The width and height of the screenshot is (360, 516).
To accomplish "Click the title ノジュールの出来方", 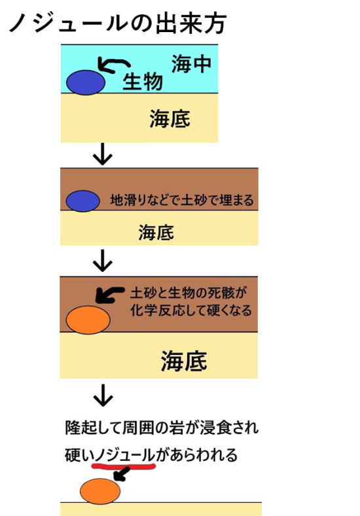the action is pos(117,23).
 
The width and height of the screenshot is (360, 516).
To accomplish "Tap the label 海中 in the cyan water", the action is pos(191,64).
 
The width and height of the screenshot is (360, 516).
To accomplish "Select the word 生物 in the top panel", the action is pos(143,82).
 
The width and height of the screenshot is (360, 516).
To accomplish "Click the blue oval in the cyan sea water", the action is pos(86,83).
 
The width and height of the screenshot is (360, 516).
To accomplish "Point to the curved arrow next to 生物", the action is pos(113,64).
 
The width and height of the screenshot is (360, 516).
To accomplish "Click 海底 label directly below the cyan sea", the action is pos(170,119).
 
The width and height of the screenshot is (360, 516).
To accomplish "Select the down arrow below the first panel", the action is pos(103,154).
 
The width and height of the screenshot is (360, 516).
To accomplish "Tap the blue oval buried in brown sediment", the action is pos(83,201).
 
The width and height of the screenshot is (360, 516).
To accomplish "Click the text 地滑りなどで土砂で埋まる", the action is pos(182,200).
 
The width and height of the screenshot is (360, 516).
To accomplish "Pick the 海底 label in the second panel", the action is pos(156,232).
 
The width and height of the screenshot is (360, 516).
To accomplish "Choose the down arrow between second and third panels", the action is pos(103,261).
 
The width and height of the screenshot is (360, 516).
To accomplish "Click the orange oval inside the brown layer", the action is pos(88,320).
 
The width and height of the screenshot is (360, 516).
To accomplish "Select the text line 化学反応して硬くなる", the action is pos(191,310).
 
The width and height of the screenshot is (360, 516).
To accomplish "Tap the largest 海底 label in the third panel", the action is pos(184,361).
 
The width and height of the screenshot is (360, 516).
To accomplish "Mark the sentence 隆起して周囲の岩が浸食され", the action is pos(162,428).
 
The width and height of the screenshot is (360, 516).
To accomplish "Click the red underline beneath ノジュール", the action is pos(124,466).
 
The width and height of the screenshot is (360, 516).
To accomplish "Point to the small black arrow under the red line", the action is pos(121,474).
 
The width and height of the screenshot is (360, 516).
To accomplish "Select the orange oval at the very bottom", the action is pos(100,491).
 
